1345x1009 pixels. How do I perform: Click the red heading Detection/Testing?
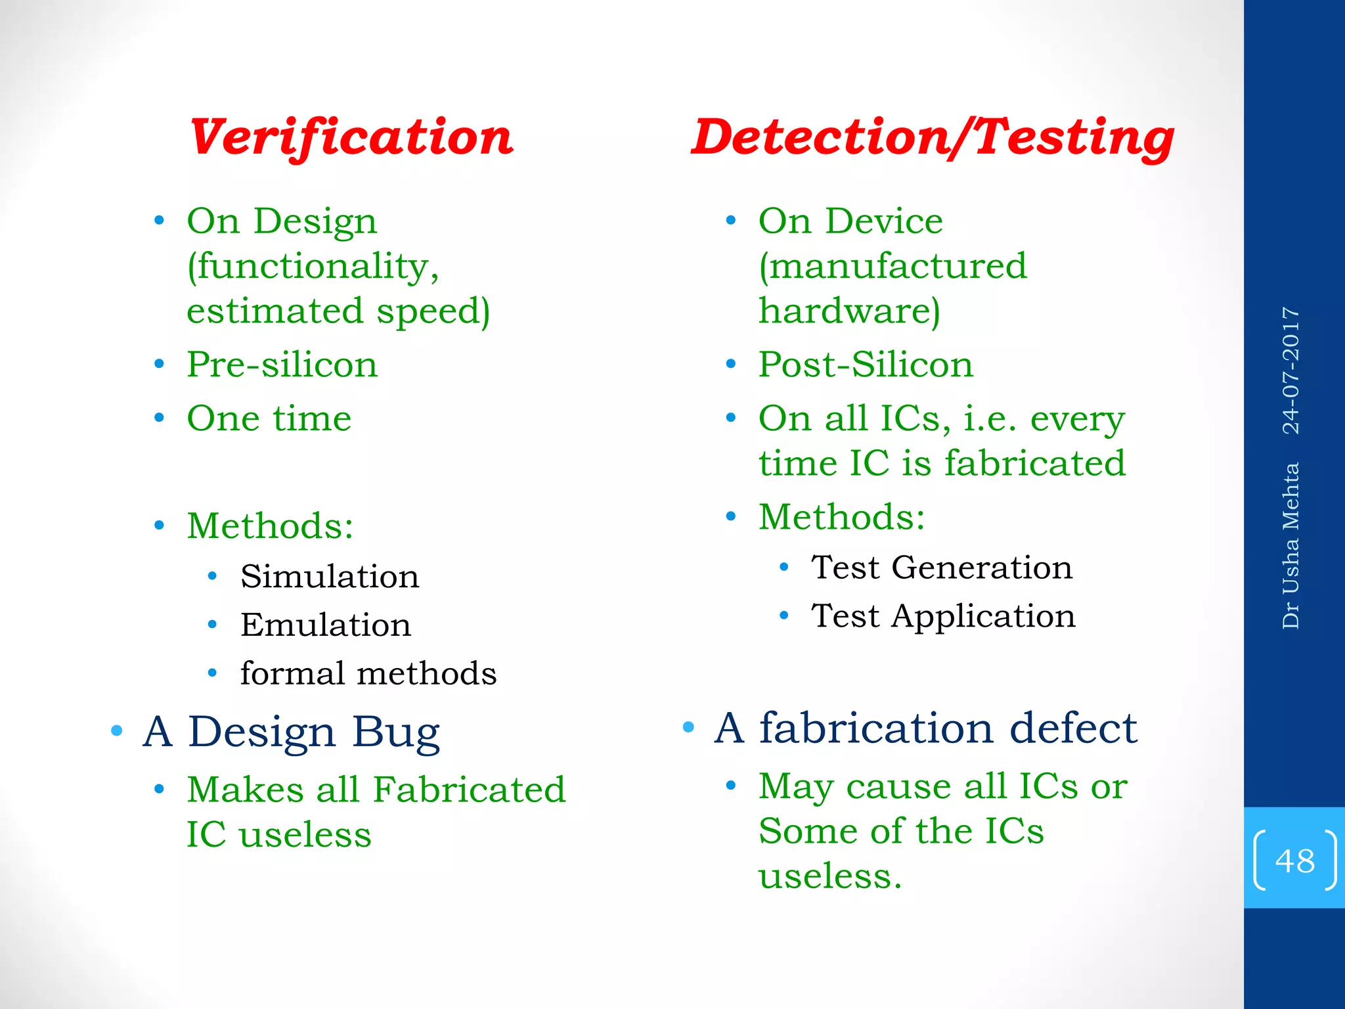pos(933,137)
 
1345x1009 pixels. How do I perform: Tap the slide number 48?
pos(1294,860)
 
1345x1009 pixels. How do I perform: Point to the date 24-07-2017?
pos(1291,370)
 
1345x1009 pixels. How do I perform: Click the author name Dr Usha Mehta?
pos(1291,545)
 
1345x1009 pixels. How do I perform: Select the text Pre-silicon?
pos(282,365)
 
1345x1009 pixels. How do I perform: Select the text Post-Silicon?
pos(866,365)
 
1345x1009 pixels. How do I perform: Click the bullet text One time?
pos(269,418)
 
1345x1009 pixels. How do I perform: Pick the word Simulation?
pos(330,577)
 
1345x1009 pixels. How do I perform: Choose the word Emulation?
pos(326,625)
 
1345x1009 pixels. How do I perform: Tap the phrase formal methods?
pos(368,673)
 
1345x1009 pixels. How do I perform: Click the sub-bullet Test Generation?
pos(942,568)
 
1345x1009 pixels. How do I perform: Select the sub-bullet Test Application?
pos(943,616)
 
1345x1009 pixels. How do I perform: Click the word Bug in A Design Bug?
pos(396,732)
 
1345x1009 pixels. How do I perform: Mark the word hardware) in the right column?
pos(849,311)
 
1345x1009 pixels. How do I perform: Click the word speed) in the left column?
pos(433,312)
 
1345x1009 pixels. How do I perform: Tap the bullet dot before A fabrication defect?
pos(688,727)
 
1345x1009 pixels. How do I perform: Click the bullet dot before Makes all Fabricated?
pos(159,789)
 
